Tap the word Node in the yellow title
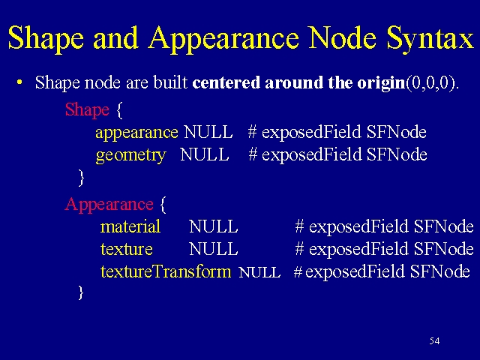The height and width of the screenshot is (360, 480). click(x=342, y=37)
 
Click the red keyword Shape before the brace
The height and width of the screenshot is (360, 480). click(x=87, y=110)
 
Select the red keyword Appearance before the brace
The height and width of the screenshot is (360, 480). click(x=109, y=205)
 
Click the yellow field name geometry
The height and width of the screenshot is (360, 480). click(x=130, y=155)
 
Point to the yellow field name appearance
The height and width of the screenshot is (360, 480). click(x=136, y=133)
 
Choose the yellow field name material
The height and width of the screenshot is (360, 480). click(x=130, y=226)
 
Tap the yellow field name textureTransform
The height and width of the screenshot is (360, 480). click(x=166, y=271)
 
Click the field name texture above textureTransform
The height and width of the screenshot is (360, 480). click(x=127, y=249)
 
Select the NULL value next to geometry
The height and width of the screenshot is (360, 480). click(x=205, y=154)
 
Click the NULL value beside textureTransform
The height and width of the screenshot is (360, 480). click(x=259, y=272)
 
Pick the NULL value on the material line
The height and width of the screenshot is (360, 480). click(x=213, y=226)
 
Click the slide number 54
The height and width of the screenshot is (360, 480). click(x=434, y=340)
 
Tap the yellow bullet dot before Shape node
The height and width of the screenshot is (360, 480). click(x=20, y=82)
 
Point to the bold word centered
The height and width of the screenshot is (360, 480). click(x=226, y=82)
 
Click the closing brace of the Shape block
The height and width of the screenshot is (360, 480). click(x=81, y=178)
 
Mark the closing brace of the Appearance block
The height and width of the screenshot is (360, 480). click(x=81, y=292)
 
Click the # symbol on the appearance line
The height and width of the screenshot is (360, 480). click(x=252, y=132)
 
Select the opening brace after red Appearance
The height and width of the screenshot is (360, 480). click(x=163, y=205)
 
